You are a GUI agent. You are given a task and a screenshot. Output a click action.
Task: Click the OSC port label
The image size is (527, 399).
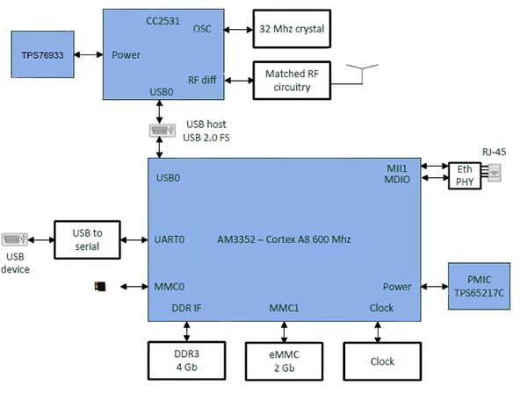202,28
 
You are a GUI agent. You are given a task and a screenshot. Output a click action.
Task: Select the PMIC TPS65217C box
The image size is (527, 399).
479,286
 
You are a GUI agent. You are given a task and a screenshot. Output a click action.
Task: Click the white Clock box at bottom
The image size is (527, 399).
383,360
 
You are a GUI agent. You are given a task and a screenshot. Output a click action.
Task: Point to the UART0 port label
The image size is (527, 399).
170,239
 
